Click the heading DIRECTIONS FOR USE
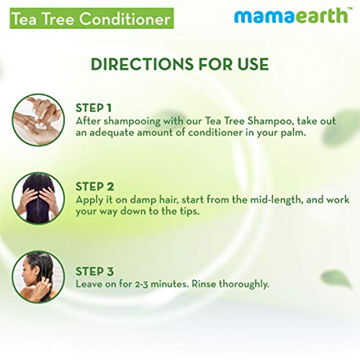(179, 64)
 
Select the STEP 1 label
(96, 107)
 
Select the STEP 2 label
(96, 186)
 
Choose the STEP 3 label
(96, 271)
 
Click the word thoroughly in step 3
(242, 284)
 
